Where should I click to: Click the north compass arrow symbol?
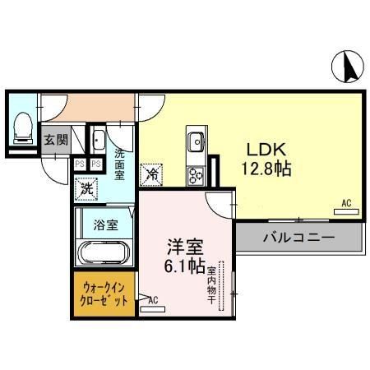click(x=349, y=66)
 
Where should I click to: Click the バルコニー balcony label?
click(x=298, y=238)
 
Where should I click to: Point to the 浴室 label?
click(x=104, y=224)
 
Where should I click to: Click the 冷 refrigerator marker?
click(x=152, y=173)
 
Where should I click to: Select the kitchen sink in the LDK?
click(x=196, y=144)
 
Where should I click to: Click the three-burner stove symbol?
click(x=197, y=174)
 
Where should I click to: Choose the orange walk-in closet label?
click(x=104, y=294)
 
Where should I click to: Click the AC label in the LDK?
click(x=346, y=203)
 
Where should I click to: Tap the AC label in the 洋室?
click(x=153, y=300)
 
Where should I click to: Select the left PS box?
click(x=80, y=164)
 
